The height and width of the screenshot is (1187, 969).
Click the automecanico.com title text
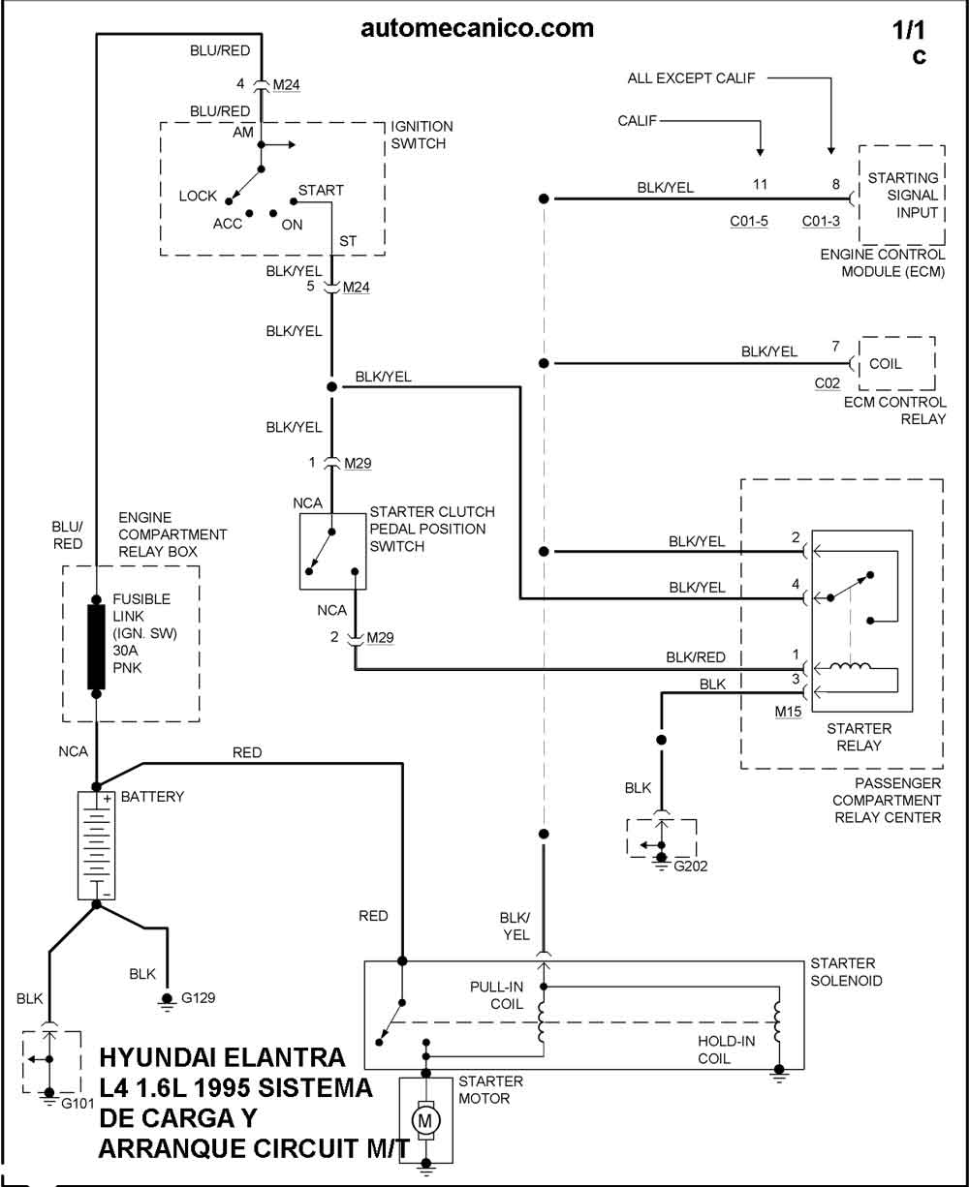tap(477, 28)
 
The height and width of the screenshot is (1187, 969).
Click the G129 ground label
tap(197, 996)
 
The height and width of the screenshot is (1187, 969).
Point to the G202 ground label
tap(692, 866)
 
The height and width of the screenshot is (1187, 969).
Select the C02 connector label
tap(827, 382)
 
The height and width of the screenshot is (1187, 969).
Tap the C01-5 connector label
tap(749, 221)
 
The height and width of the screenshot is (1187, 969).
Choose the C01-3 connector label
tap(821, 221)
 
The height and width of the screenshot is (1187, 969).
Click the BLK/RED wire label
tap(696, 657)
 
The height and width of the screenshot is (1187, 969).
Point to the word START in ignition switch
tap(321, 191)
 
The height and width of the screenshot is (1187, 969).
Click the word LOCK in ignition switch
tap(198, 196)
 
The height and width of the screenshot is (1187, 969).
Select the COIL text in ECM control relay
tap(885, 364)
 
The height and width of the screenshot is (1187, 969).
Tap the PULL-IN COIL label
tap(497, 995)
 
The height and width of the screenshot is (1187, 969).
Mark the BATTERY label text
tap(152, 797)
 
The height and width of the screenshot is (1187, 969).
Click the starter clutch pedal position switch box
tap(332, 551)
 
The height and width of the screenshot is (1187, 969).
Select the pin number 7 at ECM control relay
tap(835, 347)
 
